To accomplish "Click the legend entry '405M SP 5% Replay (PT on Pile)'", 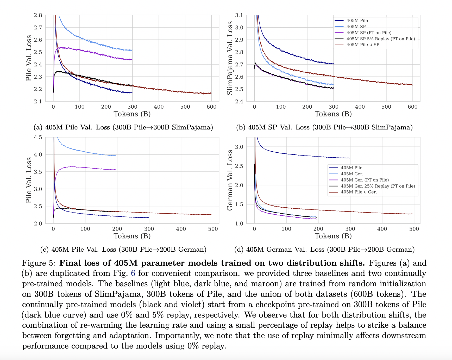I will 380,39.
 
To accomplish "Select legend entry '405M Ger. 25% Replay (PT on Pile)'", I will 378,186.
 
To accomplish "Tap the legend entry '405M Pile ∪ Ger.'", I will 359,192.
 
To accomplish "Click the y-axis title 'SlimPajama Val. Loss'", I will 230,58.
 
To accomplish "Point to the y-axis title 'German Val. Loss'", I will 230,180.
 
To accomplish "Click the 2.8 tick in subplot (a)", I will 38,15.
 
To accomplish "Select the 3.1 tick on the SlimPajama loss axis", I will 239,15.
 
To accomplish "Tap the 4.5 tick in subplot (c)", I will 38,137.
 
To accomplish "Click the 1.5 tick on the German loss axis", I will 239,204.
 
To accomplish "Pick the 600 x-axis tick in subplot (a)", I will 211,107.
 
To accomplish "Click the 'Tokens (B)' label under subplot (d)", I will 333,236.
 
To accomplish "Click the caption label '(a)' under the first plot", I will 38,127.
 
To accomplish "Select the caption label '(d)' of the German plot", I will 239,250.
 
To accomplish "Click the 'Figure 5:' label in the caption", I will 39,263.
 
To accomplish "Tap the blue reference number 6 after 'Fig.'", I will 133,273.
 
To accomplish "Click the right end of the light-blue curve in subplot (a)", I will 132,50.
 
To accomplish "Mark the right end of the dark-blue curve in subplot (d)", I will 350,158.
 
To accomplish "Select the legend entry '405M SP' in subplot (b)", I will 356,27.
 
